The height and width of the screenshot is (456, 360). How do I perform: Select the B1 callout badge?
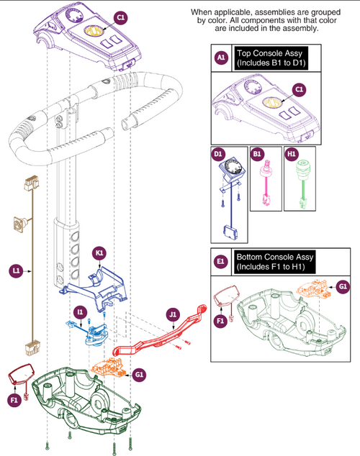[257, 153]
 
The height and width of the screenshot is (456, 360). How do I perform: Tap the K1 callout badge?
[100, 253]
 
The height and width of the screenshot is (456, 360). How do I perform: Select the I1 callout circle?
[80, 311]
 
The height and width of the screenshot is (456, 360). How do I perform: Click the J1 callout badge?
[172, 314]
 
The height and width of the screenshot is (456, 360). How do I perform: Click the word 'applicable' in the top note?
[237, 13]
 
